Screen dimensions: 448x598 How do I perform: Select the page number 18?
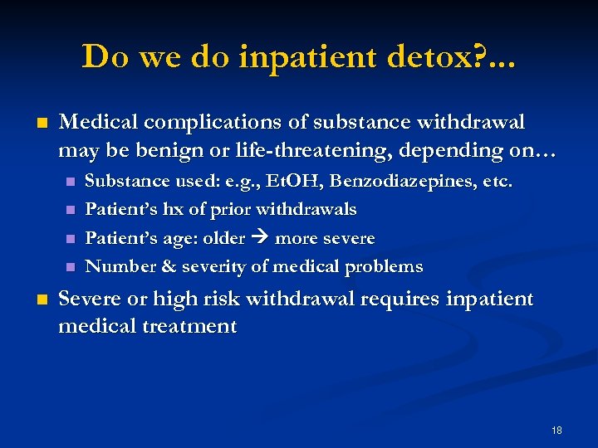click(556, 430)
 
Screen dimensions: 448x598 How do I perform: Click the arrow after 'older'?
click(259, 239)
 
